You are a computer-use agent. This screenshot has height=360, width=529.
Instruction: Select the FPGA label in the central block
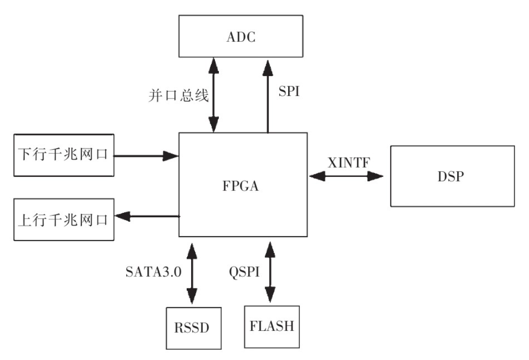pos(242,185)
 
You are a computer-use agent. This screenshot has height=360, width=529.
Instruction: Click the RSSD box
pos(192,327)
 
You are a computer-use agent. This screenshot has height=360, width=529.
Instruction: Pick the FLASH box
pos(272,326)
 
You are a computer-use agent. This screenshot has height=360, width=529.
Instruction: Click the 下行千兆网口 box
pos(64,155)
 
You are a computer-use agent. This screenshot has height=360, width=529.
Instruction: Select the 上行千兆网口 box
pos(64,219)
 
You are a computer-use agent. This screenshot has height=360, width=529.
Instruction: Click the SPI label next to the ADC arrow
pos(289,92)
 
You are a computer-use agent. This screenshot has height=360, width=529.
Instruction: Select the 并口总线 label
pos(178,96)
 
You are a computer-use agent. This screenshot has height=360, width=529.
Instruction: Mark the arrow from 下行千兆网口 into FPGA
pos(146,156)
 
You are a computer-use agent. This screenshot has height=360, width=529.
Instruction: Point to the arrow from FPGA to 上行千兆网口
pos(146,216)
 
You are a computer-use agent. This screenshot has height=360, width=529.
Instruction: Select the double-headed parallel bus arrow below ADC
pos(213,95)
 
